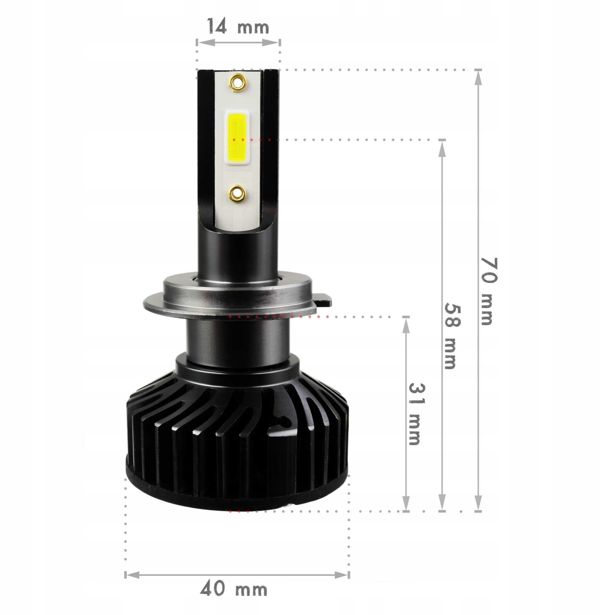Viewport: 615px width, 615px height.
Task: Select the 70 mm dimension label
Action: [488, 291]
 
